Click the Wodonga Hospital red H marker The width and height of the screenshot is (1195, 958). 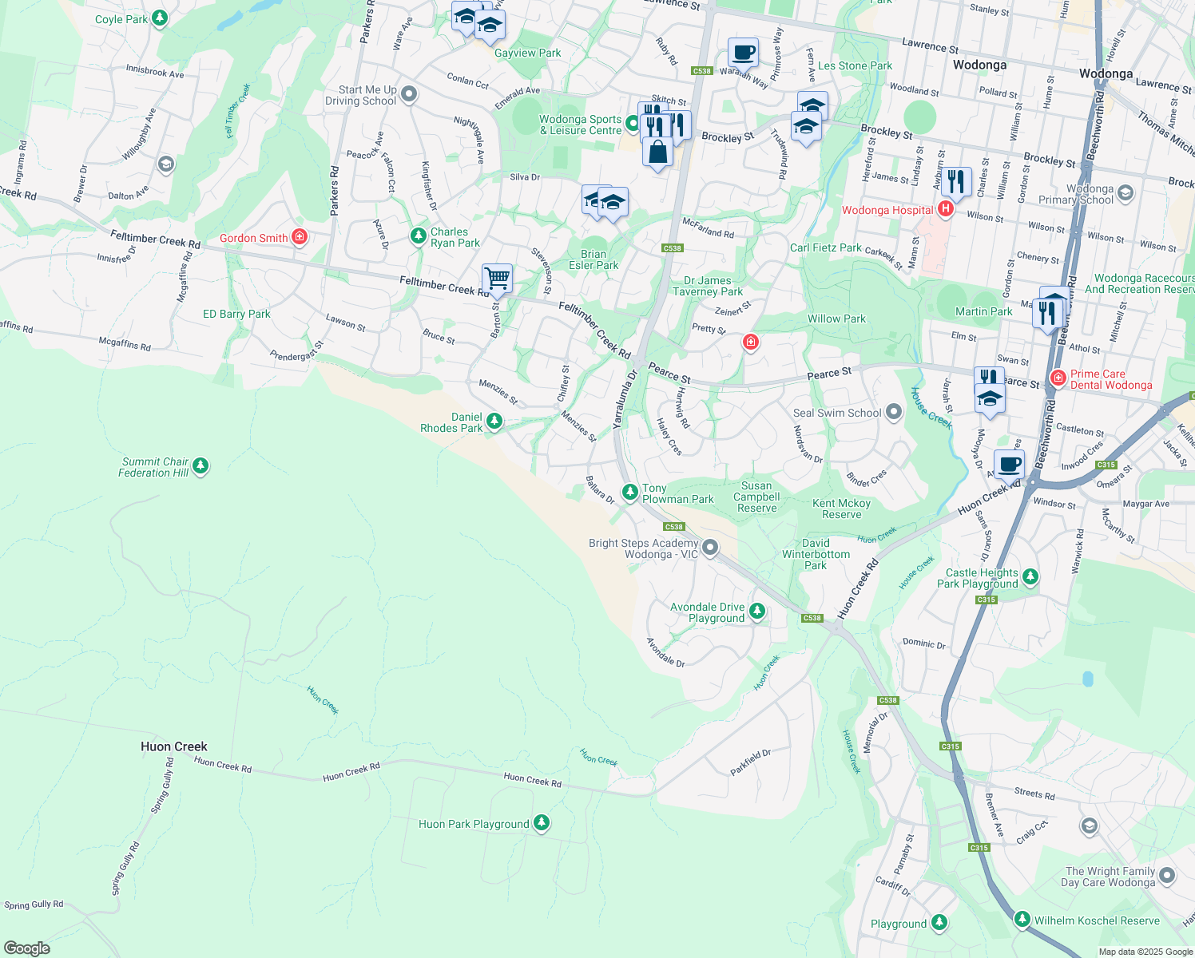pyautogui.click(x=946, y=210)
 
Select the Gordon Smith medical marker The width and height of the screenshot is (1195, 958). pyautogui.click(x=300, y=237)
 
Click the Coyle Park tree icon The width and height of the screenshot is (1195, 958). pyautogui.click(x=160, y=18)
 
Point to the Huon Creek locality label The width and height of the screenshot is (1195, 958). pyautogui.click(x=173, y=746)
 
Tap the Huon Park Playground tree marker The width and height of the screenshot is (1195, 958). pyautogui.click(x=542, y=822)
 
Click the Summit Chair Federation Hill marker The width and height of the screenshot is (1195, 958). pyautogui.click(x=200, y=466)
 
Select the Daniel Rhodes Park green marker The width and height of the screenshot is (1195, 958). pyautogui.click(x=494, y=422)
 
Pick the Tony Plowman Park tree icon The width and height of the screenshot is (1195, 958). pyautogui.click(x=630, y=492)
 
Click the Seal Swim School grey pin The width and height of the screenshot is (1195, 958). pyautogui.click(x=894, y=412)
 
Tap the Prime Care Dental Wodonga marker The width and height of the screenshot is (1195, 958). pyautogui.click(x=1058, y=378)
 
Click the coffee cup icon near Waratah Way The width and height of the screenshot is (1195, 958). pyautogui.click(x=743, y=53)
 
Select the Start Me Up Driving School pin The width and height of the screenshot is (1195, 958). pyautogui.click(x=409, y=95)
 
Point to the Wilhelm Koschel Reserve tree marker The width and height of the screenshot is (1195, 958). pyautogui.click(x=1022, y=920)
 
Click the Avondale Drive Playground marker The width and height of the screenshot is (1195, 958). pyautogui.click(x=757, y=612)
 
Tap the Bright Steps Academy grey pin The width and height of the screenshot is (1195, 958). pyautogui.click(x=709, y=548)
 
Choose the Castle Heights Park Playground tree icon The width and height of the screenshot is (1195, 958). pyautogui.click(x=1030, y=577)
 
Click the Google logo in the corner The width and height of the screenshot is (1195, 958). pyautogui.click(x=27, y=948)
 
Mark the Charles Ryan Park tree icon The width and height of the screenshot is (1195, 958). pyautogui.click(x=418, y=236)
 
